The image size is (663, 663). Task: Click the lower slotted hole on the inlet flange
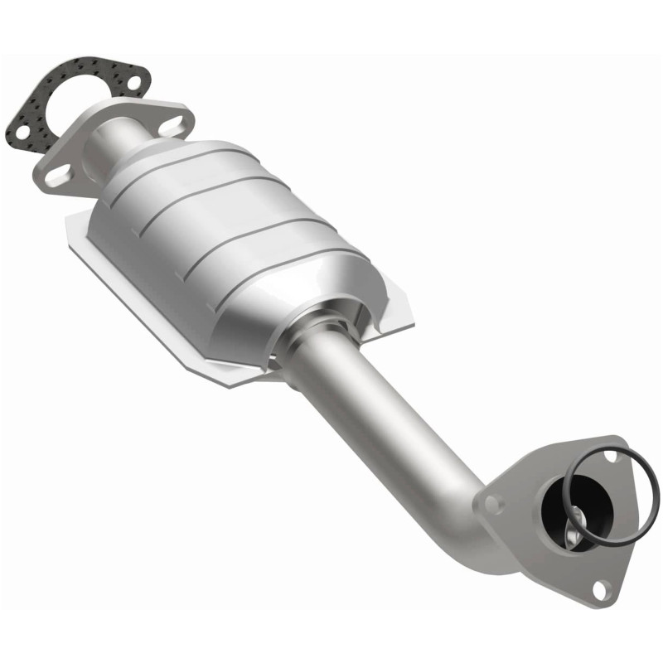pyautogui.click(x=57, y=175)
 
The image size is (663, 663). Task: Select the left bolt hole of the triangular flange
pyautogui.click(x=491, y=502)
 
